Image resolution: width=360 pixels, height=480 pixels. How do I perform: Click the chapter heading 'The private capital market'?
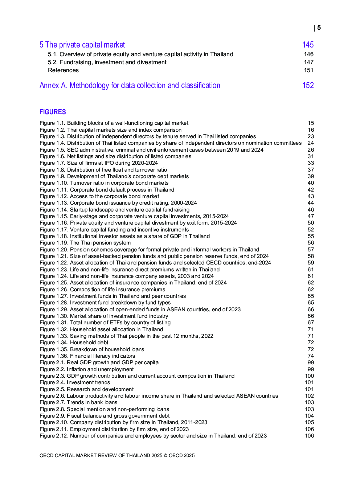85,45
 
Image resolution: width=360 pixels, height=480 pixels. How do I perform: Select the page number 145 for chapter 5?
308,45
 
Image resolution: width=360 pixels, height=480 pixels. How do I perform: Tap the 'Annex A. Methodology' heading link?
130,86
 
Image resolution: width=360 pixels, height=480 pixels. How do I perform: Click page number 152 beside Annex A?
308,86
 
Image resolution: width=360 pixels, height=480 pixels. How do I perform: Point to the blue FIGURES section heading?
53,112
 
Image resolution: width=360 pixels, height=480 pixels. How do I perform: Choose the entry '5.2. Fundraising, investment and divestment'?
107,62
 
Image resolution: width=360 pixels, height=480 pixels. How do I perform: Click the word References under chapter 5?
63,70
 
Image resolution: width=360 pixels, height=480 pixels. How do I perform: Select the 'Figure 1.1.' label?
52,123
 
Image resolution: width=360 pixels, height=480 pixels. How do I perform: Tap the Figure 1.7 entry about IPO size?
99,163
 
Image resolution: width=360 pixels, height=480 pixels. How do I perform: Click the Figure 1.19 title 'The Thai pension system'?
100,243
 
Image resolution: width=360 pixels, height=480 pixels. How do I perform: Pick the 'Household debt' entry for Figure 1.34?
89,343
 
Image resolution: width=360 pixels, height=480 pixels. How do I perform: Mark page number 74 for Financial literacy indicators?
311,356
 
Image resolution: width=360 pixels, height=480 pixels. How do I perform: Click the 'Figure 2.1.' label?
52,363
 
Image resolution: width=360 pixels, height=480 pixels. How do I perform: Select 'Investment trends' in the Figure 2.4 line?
88,383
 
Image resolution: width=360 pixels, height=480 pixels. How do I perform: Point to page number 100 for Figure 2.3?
309,376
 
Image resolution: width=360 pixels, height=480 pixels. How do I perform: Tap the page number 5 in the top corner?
319,28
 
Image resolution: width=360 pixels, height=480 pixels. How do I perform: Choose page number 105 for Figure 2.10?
309,423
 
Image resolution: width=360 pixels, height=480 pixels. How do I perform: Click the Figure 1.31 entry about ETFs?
105,323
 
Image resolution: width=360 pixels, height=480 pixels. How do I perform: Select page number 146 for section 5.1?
308,54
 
